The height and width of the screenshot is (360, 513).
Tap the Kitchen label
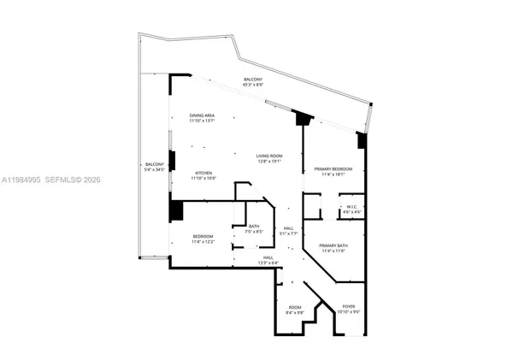203,173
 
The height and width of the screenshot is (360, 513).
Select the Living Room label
269,156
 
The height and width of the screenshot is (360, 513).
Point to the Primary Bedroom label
328,169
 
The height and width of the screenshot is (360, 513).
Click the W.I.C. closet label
351,207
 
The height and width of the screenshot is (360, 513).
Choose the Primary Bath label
333,246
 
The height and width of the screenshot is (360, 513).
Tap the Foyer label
349,306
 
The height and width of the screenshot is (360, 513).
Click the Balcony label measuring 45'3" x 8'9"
253,80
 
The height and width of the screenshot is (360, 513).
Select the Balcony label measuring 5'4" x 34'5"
154,164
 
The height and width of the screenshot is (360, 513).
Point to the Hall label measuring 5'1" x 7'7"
289,227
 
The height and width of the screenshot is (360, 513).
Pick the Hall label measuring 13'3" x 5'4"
268,257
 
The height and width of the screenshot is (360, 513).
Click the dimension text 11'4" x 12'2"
203,242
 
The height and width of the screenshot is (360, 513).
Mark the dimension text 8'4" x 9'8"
295,313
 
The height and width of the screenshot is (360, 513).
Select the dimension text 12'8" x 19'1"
269,161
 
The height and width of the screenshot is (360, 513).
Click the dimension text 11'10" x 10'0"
203,178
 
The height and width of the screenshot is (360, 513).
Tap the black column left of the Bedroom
176,211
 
